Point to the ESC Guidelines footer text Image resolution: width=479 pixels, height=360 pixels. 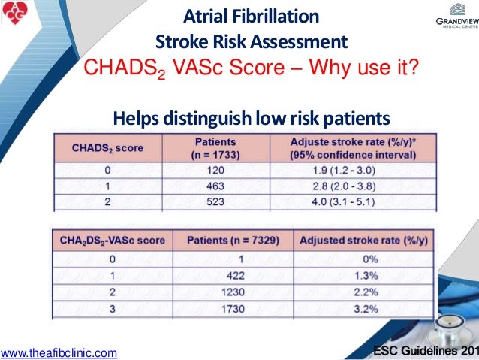point(425,350)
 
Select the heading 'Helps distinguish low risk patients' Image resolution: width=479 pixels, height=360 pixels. point(251,118)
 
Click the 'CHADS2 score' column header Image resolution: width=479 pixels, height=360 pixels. point(107,148)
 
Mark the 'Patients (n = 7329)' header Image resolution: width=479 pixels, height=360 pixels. point(233,241)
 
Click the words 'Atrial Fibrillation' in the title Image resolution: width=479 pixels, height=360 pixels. point(251,16)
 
